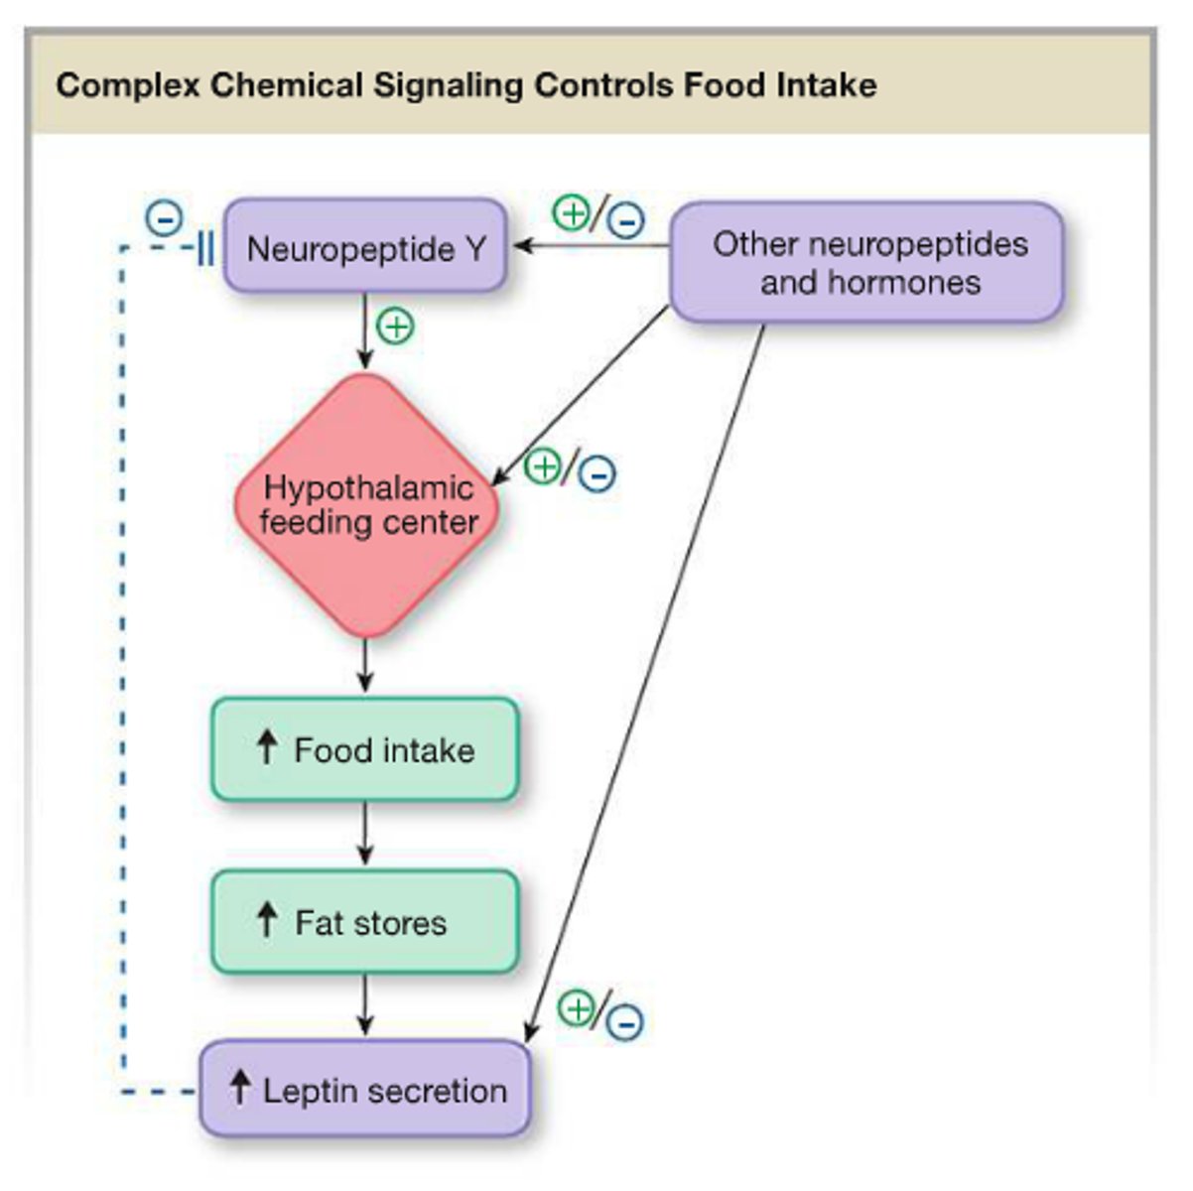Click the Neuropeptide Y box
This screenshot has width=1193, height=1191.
pos(365,247)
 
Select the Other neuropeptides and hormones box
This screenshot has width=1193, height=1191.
pos(867,263)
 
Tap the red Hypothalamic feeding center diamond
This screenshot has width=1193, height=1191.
pos(366,505)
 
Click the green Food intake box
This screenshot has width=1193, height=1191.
pos(364,749)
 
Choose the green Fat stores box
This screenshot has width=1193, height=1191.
pos(364,922)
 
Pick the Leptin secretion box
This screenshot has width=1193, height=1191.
pos(365,1090)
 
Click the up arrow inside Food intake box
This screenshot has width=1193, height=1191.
pos(266,747)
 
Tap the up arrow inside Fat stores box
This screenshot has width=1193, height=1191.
pos(266,920)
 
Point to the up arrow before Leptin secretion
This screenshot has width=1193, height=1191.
pos(239,1088)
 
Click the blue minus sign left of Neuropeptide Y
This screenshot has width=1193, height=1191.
pos(164,217)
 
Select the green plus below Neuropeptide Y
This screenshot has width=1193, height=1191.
pos(396,326)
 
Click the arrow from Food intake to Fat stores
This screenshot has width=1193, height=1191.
pos(365,835)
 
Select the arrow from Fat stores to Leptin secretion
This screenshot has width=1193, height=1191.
pos(365,1005)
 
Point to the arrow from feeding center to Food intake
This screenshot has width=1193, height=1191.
pos(365,665)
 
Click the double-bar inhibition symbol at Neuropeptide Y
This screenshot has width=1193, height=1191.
pos(204,248)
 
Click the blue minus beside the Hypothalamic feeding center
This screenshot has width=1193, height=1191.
pos(597,473)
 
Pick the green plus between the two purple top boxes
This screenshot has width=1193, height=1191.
pos(571,212)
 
